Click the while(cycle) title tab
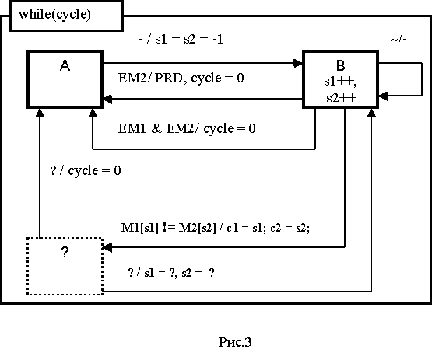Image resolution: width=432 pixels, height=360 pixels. (66, 16)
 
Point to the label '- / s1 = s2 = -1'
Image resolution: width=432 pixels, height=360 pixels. (181, 39)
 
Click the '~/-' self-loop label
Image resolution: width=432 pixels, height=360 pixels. (399, 40)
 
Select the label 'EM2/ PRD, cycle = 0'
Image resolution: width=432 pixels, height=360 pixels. (181, 79)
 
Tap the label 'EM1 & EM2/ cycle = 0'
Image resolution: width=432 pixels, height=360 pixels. (187, 128)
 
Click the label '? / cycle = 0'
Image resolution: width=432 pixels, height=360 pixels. (86, 170)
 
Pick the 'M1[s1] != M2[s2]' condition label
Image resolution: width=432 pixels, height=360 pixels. (169, 228)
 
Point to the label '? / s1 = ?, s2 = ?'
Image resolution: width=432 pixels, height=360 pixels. (171, 273)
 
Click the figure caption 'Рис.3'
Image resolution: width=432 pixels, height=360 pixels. (235, 342)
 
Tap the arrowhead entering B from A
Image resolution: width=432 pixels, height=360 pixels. (298, 63)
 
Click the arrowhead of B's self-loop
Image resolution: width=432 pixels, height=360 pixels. (383, 96)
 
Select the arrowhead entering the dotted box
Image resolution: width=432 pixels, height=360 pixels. (107, 247)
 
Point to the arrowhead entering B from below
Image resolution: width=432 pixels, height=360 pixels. (371, 113)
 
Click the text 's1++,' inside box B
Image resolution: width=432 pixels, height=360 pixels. (340, 82)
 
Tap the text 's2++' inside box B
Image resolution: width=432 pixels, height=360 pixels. (342, 98)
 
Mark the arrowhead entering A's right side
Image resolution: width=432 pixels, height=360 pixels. (107, 99)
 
